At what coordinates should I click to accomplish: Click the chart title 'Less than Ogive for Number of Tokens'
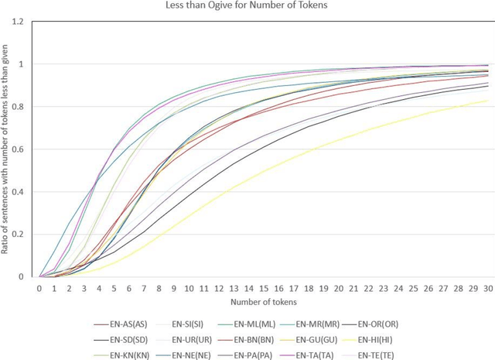tap(247, 7)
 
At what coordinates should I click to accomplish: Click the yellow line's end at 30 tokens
tap(487, 100)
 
